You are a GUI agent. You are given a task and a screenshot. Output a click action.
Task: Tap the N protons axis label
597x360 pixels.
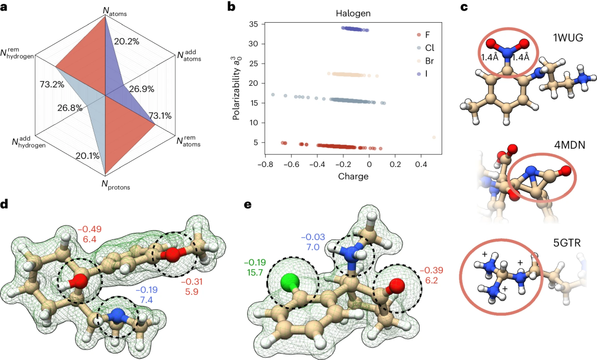click(115, 185)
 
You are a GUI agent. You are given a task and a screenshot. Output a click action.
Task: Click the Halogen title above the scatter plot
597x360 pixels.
click(337, 14)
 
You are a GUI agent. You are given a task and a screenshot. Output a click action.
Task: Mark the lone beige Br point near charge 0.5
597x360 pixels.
click(434, 137)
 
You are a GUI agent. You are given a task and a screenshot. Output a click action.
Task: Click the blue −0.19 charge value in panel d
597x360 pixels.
click(148, 289)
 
